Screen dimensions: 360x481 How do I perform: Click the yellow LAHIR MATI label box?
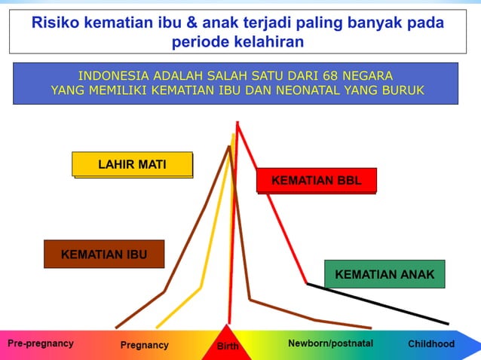[x=132, y=164]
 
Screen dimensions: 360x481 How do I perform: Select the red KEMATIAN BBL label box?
[x=316, y=181]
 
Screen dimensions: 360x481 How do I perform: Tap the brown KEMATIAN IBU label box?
[x=103, y=255]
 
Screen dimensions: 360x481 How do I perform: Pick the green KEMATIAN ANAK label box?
[x=384, y=274]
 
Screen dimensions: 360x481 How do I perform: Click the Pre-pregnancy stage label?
[x=41, y=343]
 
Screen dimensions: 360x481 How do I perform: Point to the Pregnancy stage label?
[x=145, y=345]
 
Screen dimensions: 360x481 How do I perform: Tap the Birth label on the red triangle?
[x=228, y=346]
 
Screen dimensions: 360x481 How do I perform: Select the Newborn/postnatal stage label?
[x=330, y=343]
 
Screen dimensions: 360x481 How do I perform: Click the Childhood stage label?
[x=431, y=343]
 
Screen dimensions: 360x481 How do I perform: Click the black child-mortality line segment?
[x=377, y=304]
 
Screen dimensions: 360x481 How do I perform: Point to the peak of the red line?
[x=237, y=123]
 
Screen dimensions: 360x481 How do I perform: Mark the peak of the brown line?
[x=228, y=147]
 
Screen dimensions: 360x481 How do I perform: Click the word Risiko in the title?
[x=54, y=23]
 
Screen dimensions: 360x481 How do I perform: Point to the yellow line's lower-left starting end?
[x=157, y=327]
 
